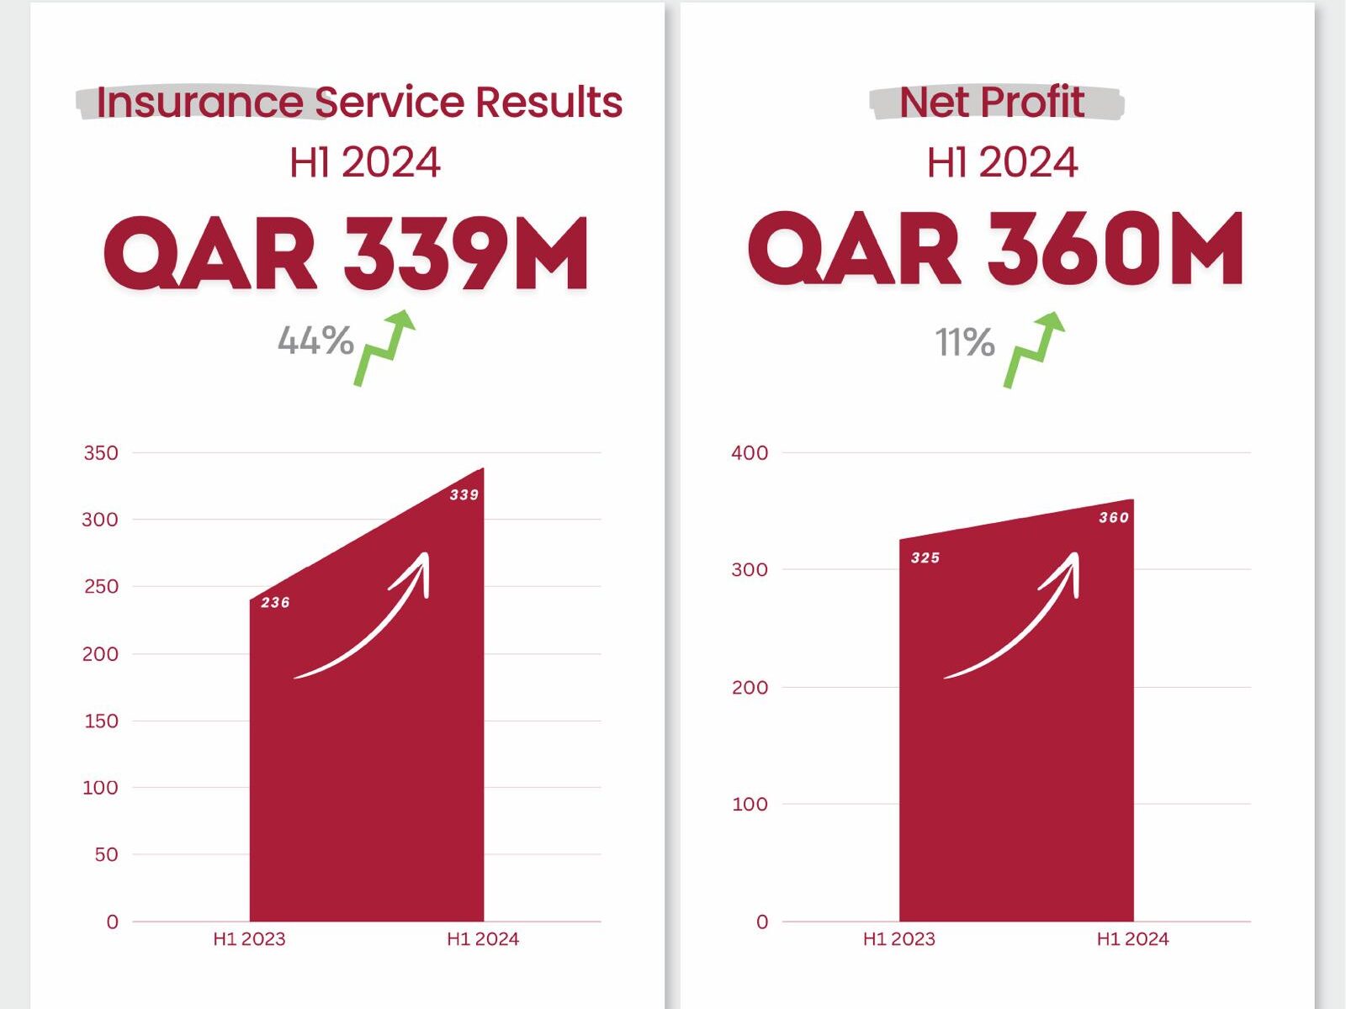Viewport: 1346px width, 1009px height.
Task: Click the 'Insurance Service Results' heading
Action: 359,102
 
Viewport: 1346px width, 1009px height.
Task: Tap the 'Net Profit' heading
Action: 992,102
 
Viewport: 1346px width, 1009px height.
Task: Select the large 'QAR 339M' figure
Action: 346,254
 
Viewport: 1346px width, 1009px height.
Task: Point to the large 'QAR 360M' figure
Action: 995,250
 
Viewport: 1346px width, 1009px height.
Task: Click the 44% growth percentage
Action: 315,341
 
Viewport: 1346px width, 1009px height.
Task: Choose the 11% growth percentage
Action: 965,342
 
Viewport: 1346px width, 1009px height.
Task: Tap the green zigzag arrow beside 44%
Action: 384,348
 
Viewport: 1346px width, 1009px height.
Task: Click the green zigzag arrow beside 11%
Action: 1034,350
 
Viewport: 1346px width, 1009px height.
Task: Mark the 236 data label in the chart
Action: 275,602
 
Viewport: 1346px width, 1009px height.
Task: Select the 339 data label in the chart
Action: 464,494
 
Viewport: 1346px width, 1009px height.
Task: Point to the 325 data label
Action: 925,557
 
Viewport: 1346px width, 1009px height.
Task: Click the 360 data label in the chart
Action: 1114,517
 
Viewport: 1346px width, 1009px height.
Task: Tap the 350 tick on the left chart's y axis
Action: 101,452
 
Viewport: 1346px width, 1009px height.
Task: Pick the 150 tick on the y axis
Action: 101,721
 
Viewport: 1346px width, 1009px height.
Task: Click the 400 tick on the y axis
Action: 750,452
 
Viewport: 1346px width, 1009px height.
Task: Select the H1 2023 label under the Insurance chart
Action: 249,939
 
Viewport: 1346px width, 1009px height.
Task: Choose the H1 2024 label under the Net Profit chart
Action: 1132,939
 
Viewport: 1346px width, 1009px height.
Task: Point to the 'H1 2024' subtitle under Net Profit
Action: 1002,162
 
